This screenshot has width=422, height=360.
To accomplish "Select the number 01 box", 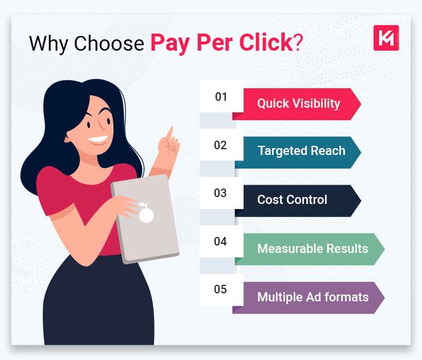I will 221,97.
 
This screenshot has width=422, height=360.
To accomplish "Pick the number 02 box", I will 221,145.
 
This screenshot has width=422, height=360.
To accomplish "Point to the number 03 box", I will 221,193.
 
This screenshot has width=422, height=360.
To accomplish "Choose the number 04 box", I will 221,242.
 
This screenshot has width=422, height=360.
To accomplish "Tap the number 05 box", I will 221,289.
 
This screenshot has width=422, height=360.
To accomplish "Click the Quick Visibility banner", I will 299,104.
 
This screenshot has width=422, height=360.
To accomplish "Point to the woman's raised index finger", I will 169,136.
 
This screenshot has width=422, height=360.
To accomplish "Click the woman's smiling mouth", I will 98,140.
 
